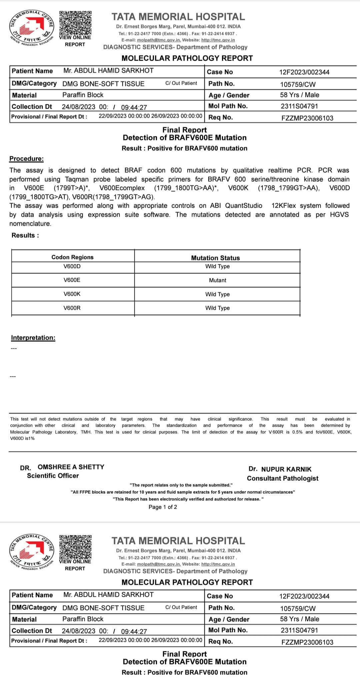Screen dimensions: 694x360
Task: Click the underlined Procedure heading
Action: pos(26,159)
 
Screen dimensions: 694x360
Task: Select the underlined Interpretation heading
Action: pos(33,338)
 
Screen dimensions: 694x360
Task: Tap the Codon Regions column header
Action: pos(72,257)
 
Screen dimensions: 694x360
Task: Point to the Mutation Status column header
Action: pos(215,258)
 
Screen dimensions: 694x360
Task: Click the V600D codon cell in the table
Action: pos(72,266)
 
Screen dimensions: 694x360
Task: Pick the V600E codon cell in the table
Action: pos(72,280)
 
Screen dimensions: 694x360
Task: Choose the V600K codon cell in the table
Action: pos(72,294)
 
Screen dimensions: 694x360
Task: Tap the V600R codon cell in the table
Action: pos(72,308)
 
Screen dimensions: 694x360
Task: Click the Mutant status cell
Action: pos(217,280)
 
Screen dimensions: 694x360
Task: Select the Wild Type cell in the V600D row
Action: pos(217,266)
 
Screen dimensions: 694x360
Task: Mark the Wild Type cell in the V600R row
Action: pos(217,308)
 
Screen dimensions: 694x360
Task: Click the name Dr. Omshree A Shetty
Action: pos(62,467)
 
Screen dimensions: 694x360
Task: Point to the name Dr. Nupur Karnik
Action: pos(280,469)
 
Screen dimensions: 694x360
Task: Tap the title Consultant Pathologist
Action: pos(283,478)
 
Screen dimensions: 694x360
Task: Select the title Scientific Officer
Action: pos(53,476)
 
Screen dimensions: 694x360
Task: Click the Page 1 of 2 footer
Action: pos(163,507)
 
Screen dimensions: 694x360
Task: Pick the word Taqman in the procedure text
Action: pos(77,179)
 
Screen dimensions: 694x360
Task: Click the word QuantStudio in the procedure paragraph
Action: pos(244,206)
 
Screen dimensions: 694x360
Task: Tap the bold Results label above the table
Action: pos(25,235)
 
